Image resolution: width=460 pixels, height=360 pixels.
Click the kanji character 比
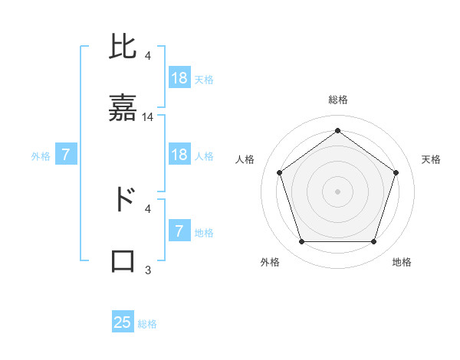(x=123, y=47)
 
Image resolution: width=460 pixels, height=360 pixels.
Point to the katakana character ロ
(x=123, y=260)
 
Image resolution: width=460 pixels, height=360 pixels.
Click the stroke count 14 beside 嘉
(x=148, y=117)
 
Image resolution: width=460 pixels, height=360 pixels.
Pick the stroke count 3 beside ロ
(x=148, y=270)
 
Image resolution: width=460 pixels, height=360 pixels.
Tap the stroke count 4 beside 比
(x=148, y=55)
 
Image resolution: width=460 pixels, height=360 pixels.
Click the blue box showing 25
(x=123, y=322)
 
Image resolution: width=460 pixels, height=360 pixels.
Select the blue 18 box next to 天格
(x=179, y=78)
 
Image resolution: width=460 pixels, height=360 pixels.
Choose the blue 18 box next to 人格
(x=179, y=155)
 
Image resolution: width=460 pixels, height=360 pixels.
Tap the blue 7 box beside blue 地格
(x=179, y=231)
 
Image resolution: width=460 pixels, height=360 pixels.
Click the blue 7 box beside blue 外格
(x=67, y=155)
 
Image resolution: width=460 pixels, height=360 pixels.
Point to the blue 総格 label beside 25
(x=147, y=324)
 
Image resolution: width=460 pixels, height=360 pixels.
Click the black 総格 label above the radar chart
(x=337, y=100)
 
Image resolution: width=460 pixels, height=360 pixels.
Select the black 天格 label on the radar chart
(x=431, y=159)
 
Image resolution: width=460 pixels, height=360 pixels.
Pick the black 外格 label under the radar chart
(x=270, y=262)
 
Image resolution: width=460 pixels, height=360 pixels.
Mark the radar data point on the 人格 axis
(x=279, y=172)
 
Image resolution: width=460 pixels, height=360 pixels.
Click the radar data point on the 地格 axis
(x=373, y=241)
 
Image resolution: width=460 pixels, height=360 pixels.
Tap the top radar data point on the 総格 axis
(x=337, y=130)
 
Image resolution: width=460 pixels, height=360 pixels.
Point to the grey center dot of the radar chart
(x=337, y=191)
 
